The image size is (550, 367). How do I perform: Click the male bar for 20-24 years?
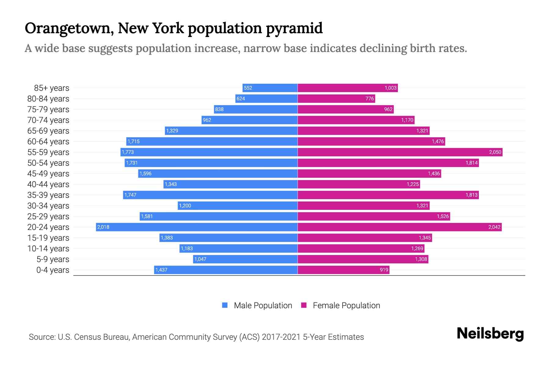tap(197, 227)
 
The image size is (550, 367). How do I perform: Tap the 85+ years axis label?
tap(51, 88)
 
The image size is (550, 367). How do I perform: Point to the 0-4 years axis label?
tap(53, 270)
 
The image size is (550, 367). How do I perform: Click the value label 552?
tap(248, 88)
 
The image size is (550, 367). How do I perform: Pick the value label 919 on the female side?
tap(384, 270)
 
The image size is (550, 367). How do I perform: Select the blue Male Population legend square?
tap(225, 305)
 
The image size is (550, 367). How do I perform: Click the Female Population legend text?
tap(346, 306)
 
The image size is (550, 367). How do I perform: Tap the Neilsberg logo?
tap(490, 334)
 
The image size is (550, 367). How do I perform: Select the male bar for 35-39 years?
tap(210, 195)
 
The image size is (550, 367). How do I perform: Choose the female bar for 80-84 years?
tap(336, 98)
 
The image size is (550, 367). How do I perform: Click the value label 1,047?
tap(200, 259)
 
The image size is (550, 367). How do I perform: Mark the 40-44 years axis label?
tap(48, 184)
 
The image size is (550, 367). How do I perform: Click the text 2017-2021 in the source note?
tap(281, 337)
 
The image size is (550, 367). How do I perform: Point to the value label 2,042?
tap(494, 227)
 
